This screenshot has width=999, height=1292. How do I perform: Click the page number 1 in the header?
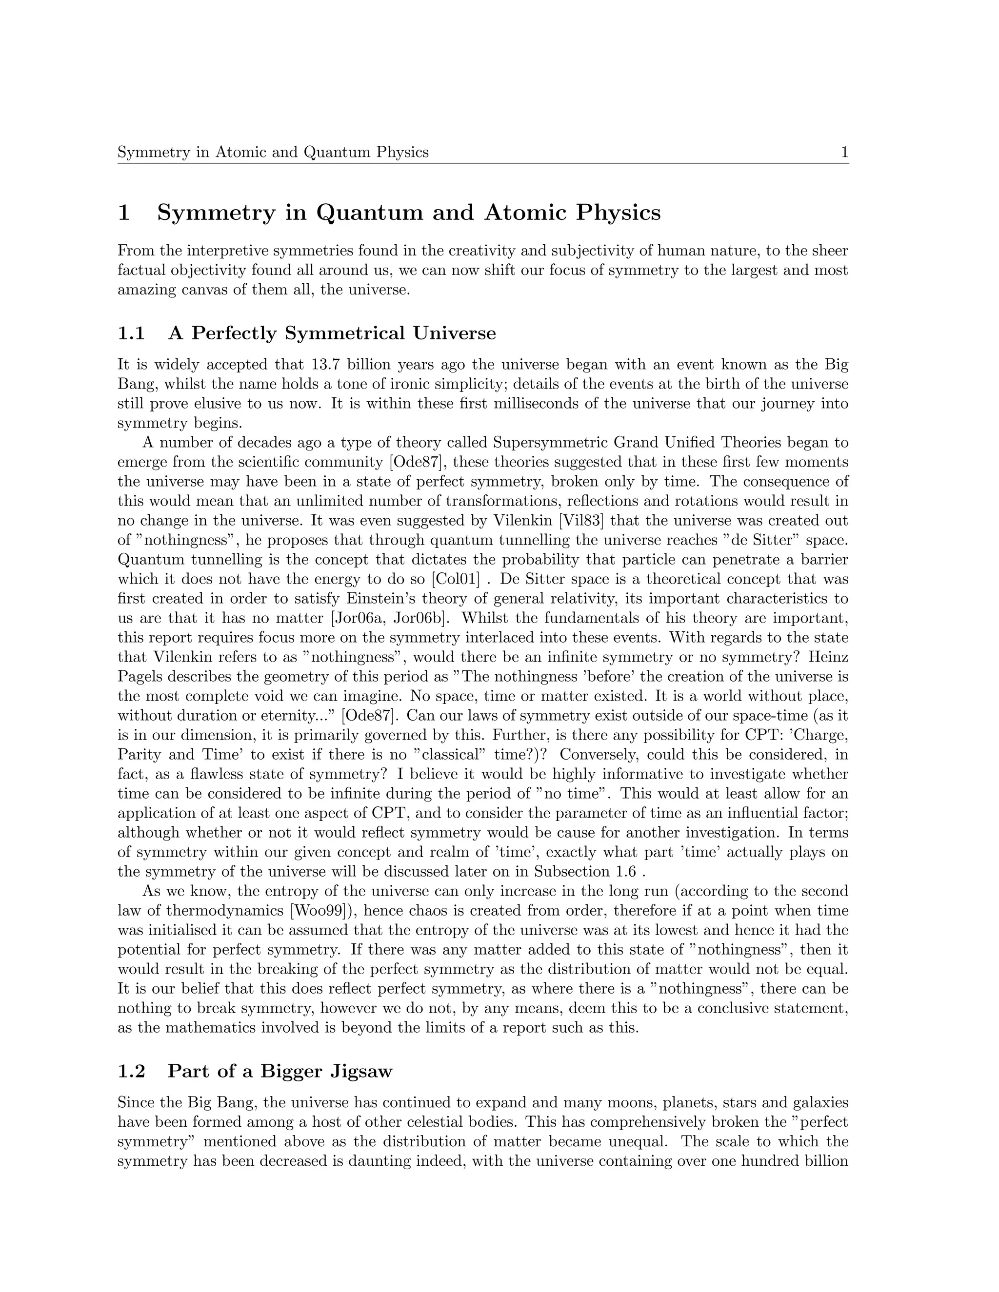pyautogui.click(x=844, y=153)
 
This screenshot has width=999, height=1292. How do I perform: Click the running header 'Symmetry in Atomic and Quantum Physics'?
pyautogui.click(x=273, y=153)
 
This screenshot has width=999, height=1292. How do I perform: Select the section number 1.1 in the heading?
pyautogui.click(x=131, y=333)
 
